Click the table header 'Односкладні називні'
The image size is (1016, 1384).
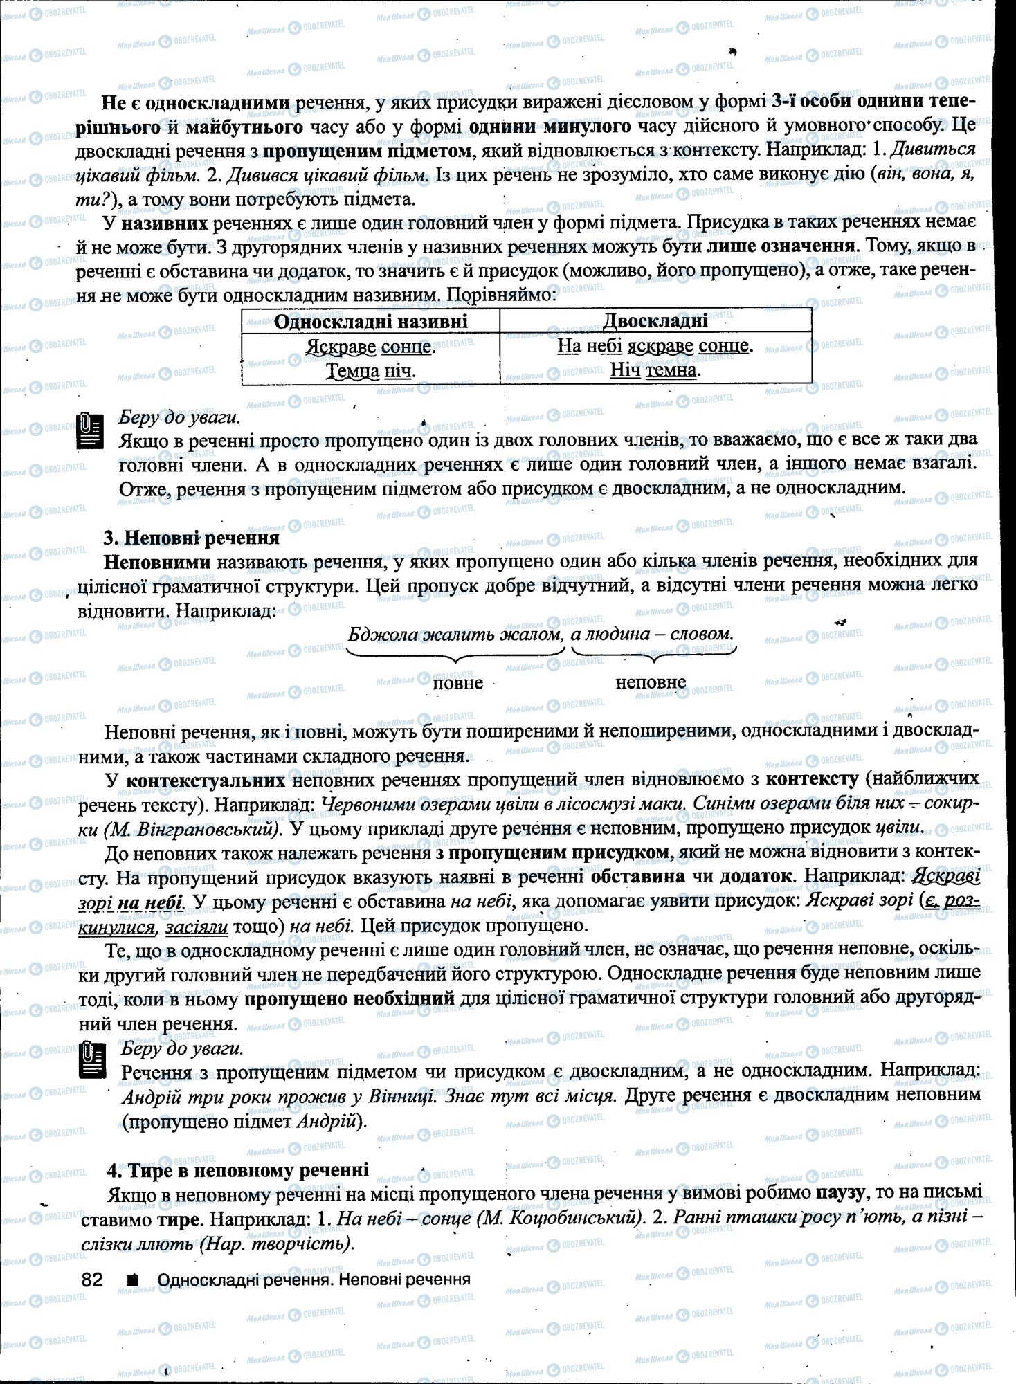(x=370, y=322)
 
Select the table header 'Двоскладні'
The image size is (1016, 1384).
(x=655, y=321)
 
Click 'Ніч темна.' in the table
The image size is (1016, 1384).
(x=655, y=370)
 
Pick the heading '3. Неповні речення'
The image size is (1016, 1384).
(x=191, y=538)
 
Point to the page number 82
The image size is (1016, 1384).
(x=92, y=1280)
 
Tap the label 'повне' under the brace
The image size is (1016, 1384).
(x=457, y=683)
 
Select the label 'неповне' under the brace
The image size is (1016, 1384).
(x=651, y=683)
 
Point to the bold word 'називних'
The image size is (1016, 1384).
(x=165, y=224)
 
